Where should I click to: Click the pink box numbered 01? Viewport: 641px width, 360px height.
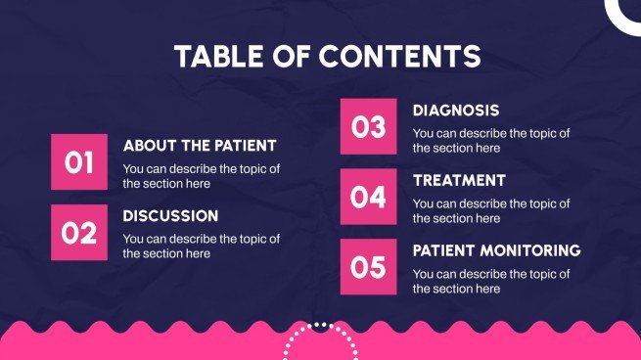coord(79,162)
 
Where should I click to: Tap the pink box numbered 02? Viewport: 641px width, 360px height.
coord(79,233)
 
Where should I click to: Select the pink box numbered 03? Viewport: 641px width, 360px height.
coord(369,126)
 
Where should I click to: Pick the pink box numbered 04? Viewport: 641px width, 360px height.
coord(369,197)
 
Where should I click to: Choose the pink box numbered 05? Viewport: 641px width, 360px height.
coord(369,267)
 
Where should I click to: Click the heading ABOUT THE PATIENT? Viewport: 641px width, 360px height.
coord(200,146)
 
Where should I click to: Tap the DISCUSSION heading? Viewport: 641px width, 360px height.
coord(170,216)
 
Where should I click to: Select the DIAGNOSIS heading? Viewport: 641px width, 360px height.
coord(456,111)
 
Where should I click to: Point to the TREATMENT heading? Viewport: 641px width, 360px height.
coord(459,181)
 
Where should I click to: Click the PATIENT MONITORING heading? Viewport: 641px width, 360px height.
coord(496,251)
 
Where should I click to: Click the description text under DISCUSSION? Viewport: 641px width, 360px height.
coord(201,246)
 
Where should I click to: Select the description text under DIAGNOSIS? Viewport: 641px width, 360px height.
coord(491,141)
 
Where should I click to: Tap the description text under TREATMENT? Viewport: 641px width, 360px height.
coord(491,211)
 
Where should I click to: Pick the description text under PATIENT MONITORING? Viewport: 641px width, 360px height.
coord(491,282)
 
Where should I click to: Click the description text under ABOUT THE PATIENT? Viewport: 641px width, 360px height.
coord(201,176)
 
